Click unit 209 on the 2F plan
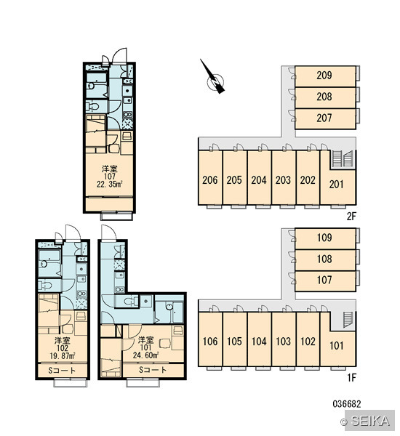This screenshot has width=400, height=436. pyautogui.click(x=325, y=76)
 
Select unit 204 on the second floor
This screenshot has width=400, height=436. pyautogui.click(x=259, y=178)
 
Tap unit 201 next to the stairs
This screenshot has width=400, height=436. pyautogui.click(x=337, y=185)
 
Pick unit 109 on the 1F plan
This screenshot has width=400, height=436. pyautogui.click(x=325, y=238)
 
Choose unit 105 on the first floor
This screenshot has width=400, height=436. pyautogui.click(x=235, y=339)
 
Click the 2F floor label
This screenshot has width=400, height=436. pyautogui.click(x=351, y=216)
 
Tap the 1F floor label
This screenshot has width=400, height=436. pyautogui.click(x=351, y=378)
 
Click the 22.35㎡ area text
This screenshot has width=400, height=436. pyautogui.click(x=110, y=184)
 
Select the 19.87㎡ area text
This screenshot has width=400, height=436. pyautogui.click(x=62, y=355)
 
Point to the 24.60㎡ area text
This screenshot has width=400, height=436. pyautogui.click(x=145, y=355)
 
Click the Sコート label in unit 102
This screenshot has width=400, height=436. pyautogui.click(x=62, y=371)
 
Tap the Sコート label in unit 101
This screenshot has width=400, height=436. pyautogui.click(x=153, y=370)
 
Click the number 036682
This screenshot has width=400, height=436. pyautogui.click(x=347, y=404)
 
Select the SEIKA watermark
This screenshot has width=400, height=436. pyautogui.click(x=368, y=421)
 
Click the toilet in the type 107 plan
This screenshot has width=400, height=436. pyautogui.click(x=92, y=107)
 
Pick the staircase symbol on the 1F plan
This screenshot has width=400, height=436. pyautogui.click(x=348, y=320)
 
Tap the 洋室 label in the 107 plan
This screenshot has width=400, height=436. pyautogui.click(x=110, y=169)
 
